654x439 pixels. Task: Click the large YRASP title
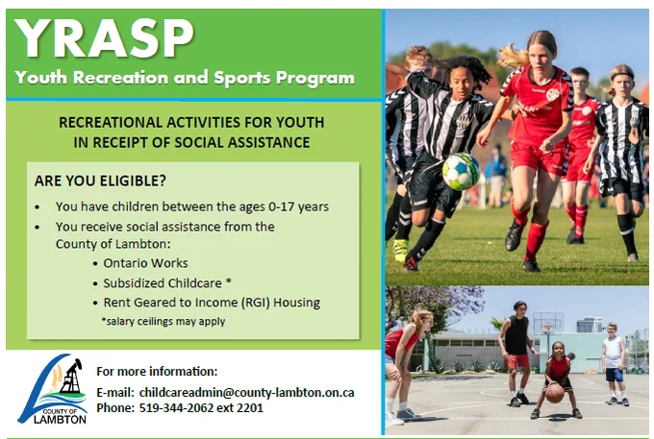click(x=104, y=37)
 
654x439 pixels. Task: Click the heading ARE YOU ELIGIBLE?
click(x=100, y=181)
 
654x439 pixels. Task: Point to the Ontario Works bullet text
click(x=145, y=263)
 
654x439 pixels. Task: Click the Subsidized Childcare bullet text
click(x=167, y=283)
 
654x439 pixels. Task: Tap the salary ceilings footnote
click(x=163, y=322)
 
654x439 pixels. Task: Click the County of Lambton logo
click(x=53, y=389)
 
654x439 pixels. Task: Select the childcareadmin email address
click(x=246, y=392)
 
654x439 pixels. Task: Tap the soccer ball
click(x=461, y=172)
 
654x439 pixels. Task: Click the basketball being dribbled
click(x=555, y=393)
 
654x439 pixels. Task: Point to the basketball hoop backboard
click(x=547, y=322)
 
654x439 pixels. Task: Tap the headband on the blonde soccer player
click(x=622, y=77)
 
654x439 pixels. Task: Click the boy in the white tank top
click(x=614, y=363)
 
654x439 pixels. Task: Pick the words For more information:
click(x=157, y=371)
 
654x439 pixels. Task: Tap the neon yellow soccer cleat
click(x=400, y=250)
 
